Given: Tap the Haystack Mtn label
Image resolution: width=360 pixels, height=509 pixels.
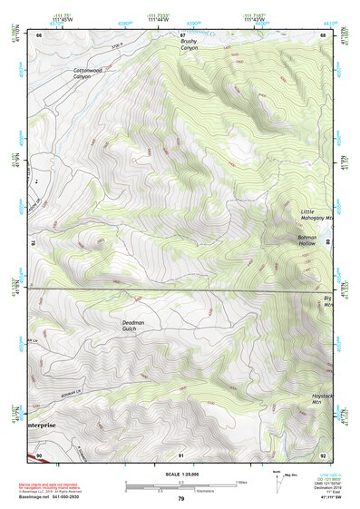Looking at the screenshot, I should click(323, 399).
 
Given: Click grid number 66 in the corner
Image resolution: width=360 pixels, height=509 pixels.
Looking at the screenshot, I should click(39, 34).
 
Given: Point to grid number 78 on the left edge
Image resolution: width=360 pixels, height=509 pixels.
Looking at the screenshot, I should click(34, 243).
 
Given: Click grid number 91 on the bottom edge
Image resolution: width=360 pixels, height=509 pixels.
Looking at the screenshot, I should click(181, 454).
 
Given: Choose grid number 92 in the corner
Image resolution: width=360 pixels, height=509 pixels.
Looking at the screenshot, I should click(323, 454).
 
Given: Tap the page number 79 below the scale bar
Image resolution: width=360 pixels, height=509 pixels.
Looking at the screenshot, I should click(180, 499).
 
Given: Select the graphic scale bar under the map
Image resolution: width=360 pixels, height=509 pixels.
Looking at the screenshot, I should click(180, 486).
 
